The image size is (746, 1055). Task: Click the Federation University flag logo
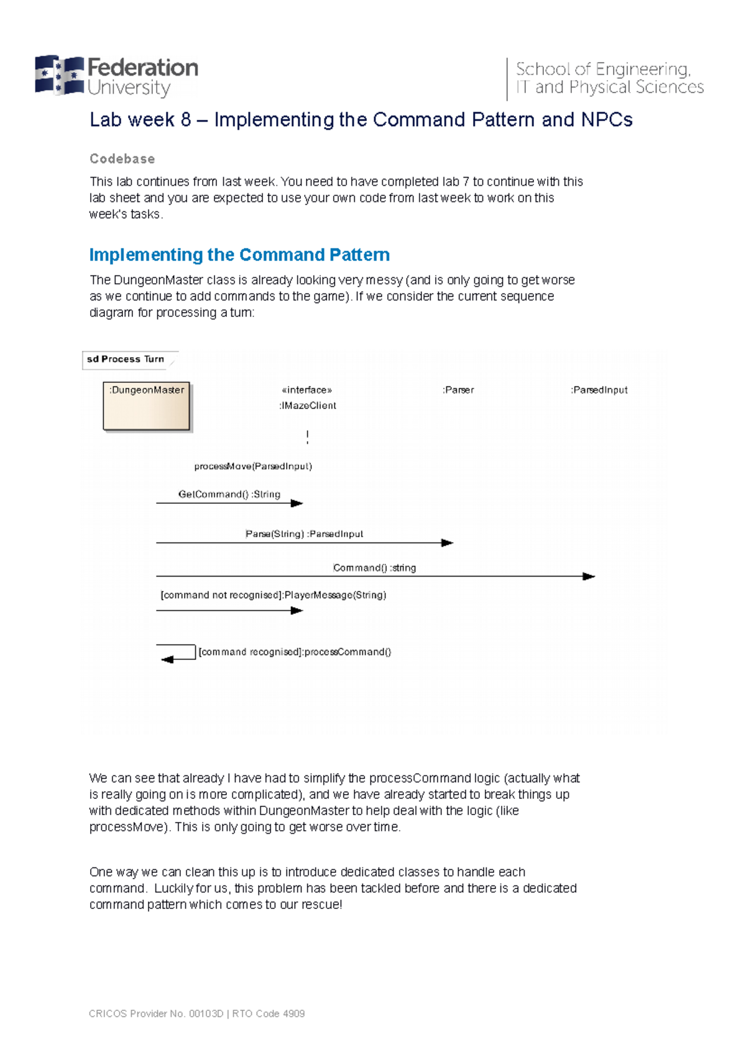[59, 75]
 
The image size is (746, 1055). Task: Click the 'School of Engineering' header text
[602, 69]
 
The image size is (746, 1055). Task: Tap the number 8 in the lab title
[185, 120]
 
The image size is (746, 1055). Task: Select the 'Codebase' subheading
[122, 159]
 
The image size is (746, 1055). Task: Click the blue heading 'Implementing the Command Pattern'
[239, 255]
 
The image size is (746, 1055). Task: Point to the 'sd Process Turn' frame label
[126, 359]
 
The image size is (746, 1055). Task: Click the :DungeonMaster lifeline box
[147, 406]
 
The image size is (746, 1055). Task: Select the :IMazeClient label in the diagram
[308, 406]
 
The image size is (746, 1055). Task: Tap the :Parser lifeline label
[458, 390]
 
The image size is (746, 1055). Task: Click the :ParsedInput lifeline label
[599, 390]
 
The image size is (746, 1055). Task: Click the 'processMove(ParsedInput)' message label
[253, 467]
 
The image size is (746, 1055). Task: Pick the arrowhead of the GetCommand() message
[297, 503]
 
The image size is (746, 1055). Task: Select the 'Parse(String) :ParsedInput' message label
[304, 534]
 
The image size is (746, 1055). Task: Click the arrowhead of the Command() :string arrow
[589, 577]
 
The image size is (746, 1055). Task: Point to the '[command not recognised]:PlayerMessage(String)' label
[274, 595]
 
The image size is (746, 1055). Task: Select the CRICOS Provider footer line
[196, 1013]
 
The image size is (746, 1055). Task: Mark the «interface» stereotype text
[306, 390]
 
